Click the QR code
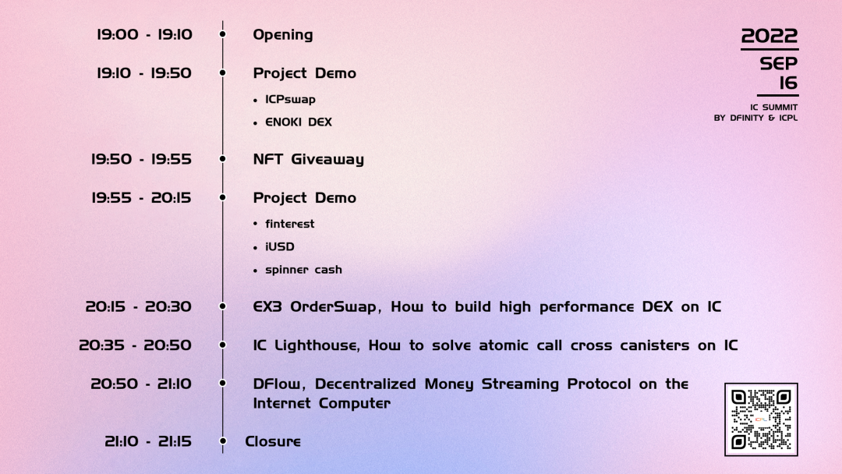click(761, 419)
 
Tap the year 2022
click(769, 36)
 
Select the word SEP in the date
click(779, 63)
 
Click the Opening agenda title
click(283, 35)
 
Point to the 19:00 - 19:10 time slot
click(144, 34)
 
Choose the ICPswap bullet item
click(291, 99)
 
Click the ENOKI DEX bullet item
click(299, 122)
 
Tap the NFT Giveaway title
click(309, 160)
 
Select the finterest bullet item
click(290, 224)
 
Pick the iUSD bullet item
click(280, 246)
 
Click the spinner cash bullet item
click(303, 270)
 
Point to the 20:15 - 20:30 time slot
click(139, 306)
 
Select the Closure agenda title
click(273, 441)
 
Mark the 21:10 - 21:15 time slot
click(148, 441)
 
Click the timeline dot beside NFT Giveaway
click(223, 159)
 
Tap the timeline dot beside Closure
click(223, 441)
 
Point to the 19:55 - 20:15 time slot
click(141, 197)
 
